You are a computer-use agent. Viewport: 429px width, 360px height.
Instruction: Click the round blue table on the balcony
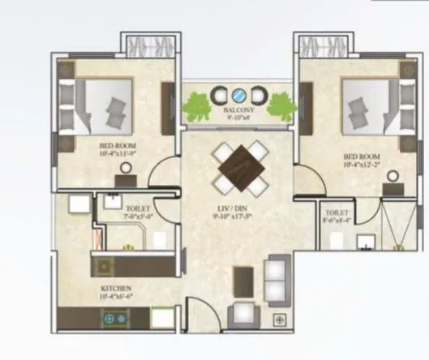(240, 94)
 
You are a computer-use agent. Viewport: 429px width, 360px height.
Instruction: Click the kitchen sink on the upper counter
(105, 264)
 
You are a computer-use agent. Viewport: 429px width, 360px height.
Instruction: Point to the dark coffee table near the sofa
(244, 281)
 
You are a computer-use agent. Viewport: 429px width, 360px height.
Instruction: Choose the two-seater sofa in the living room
(277, 280)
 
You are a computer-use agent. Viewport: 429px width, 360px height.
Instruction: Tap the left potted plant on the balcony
(198, 105)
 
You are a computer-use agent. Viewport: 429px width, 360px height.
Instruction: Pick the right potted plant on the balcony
(281, 105)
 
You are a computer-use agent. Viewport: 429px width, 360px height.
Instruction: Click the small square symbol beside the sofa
(279, 319)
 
